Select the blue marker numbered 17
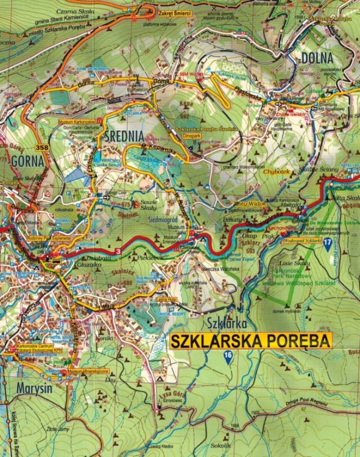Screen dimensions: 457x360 coord(328,244)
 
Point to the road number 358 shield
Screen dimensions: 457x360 coord(42,147)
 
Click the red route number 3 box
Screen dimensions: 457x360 coord(117,251)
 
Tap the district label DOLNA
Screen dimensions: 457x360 coord(317,58)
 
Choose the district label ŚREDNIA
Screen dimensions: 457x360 coord(124,135)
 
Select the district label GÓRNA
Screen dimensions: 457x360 coord(27,161)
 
